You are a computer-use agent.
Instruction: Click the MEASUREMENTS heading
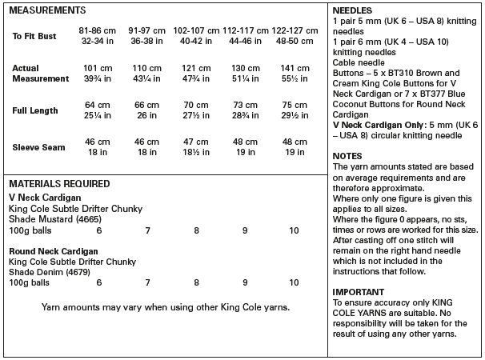[x=47, y=10]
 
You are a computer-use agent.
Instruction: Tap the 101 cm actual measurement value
[x=98, y=69]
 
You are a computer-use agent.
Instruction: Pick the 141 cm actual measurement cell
[x=293, y=69]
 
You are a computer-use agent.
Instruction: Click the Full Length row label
[x=34, y=110]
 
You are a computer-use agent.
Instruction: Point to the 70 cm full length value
[x=195, y=105]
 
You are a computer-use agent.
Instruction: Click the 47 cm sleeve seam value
[x=195, y=142]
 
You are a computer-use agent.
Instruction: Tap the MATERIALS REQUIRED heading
[x=59, y=183]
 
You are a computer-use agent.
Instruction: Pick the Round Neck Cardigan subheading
[x=54, y=251]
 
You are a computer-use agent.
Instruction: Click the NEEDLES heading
[x=350, y=10]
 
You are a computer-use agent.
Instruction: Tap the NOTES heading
[x=347, y=156]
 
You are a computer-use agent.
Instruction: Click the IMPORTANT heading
[x=358, y=292]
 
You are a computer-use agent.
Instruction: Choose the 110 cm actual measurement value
[x=146, y=69]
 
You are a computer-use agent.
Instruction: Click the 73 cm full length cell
[x=244, y=105]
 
